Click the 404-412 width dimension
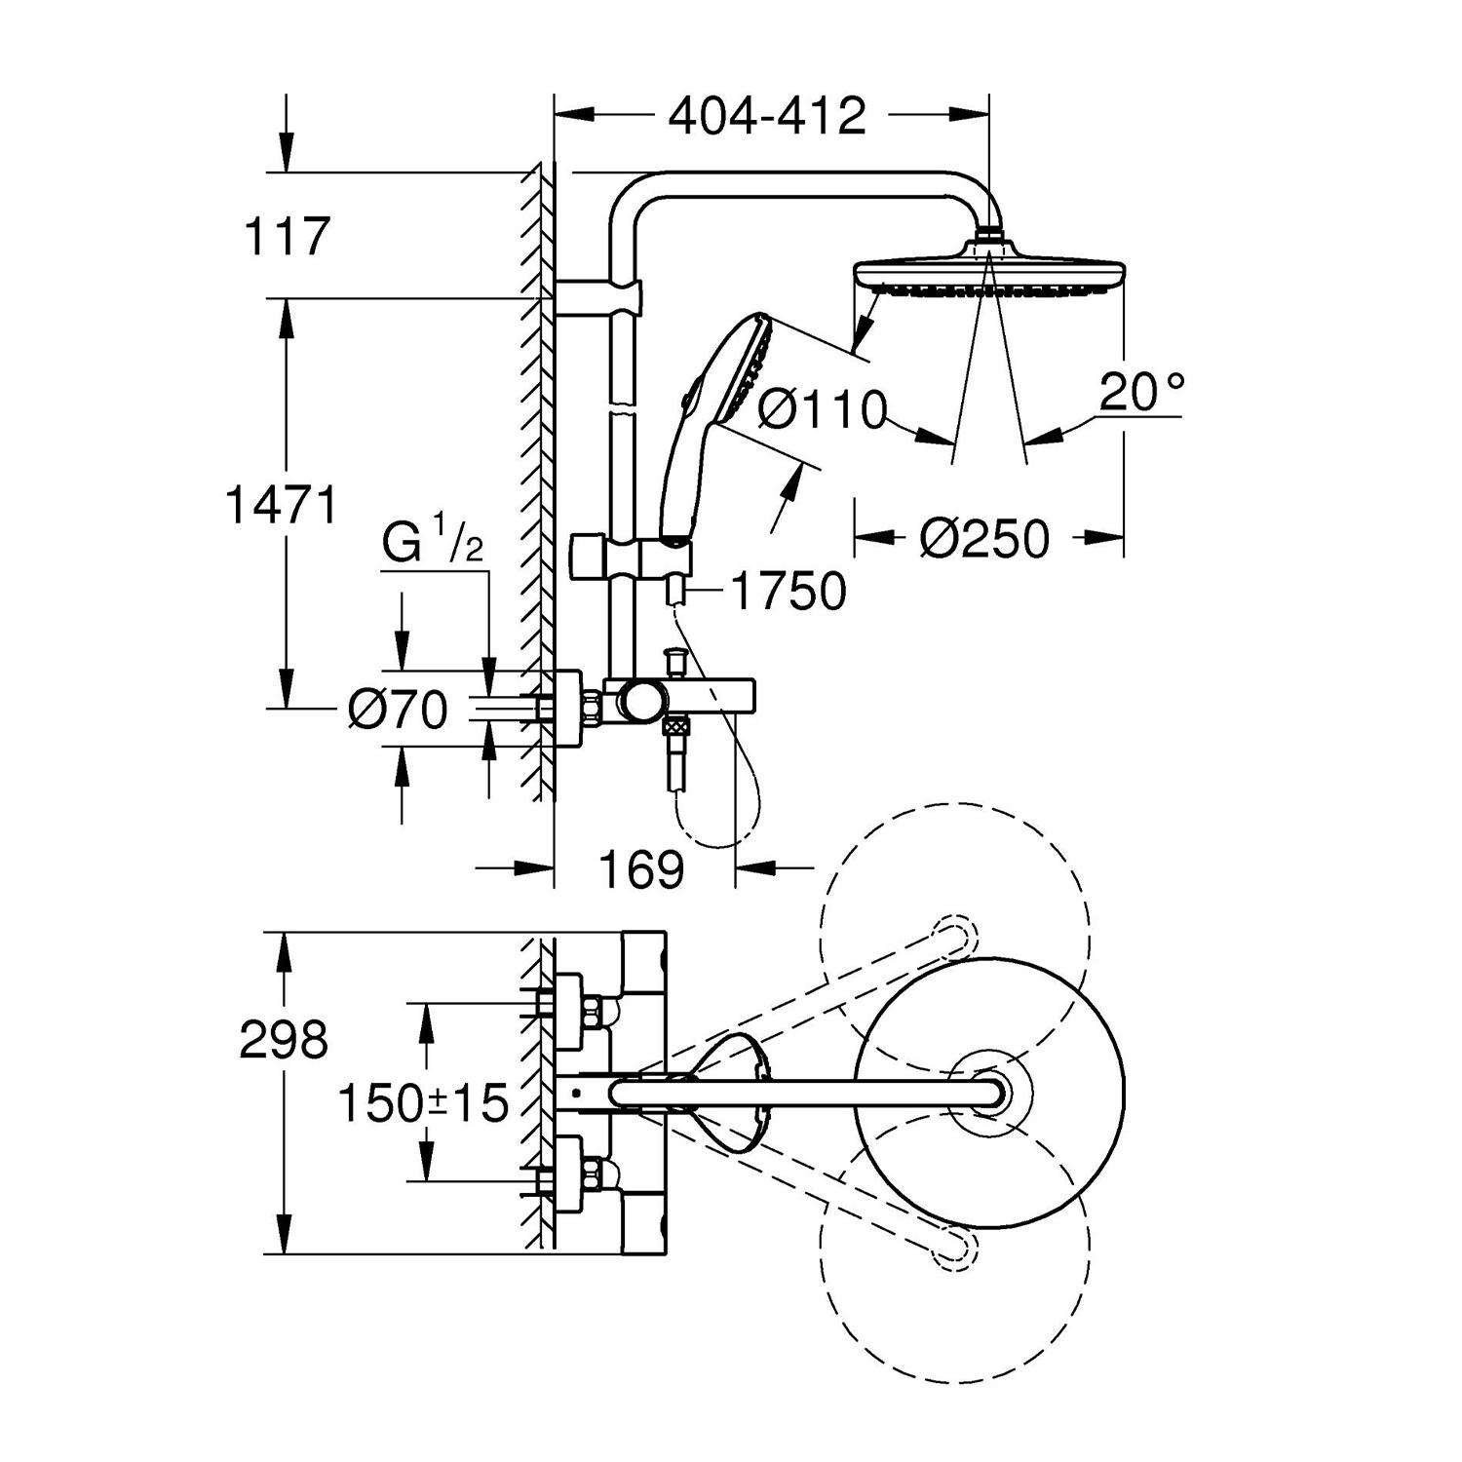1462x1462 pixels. tap(766, 117)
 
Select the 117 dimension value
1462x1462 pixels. tap(287, 237)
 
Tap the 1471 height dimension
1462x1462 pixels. tap(281, 505)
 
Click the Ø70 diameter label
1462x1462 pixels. tap(398, 710)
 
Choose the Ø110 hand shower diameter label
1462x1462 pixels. tap(821, 410)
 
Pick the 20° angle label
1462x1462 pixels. tap(1141, 393)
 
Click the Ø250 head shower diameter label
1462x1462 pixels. tap(984, 538)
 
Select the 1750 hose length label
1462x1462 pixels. tap(788, 591)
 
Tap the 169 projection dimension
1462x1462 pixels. tap(640, 869)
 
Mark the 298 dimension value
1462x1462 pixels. tap(284, 1040)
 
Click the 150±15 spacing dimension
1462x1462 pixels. tap(423, 1103)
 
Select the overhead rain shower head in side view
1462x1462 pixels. tap(989, 271)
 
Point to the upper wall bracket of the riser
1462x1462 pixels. tap(599, 297)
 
